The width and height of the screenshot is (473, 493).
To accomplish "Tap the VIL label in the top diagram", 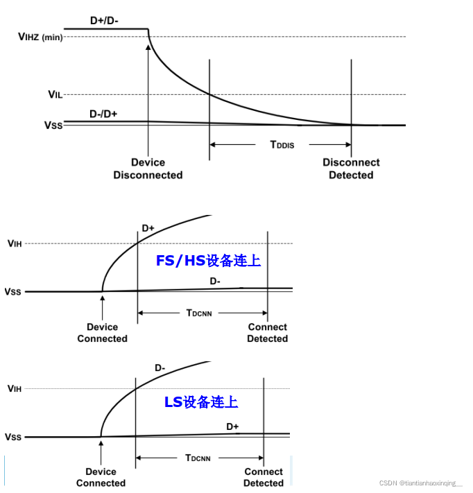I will [x=55, y=94].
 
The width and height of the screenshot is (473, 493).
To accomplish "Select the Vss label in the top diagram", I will [x=54, y=126].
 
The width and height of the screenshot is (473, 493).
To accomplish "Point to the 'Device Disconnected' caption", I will [x=148, y=168].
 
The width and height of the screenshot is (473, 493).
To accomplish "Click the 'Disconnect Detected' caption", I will [x=351, y=168].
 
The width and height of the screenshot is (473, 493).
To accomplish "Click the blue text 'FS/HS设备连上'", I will [x=208, y=261].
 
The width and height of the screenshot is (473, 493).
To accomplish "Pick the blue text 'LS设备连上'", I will [x=201, y=401].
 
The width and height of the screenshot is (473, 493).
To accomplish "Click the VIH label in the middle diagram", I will [x=15, y=243].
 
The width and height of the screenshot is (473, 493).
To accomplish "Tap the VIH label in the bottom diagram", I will [x=15, y=389].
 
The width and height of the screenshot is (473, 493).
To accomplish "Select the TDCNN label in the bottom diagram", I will [x=198, y=458].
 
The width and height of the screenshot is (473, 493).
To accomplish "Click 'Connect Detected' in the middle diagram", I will [x=267, y=333].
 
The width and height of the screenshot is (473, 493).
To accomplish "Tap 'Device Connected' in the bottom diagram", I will [x=101, y=477].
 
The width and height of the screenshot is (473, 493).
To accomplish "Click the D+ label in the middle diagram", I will [x=148, y=228].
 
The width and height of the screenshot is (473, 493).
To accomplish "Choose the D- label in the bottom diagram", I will [x=160, y=368].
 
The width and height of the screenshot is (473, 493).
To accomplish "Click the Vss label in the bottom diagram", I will [x=13, y=438].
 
